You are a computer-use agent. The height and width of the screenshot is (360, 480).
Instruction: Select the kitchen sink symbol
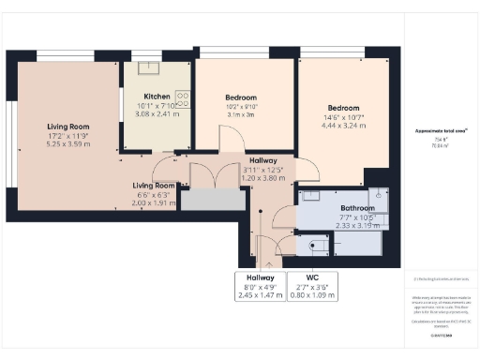[x=146, y=68]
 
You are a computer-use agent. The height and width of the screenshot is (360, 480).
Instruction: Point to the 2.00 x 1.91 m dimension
[x=153, y=202]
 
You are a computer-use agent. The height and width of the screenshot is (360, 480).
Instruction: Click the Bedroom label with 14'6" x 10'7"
[x=342, y=107]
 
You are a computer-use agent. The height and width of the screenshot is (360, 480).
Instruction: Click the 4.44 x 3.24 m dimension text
[x=342, y=125]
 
